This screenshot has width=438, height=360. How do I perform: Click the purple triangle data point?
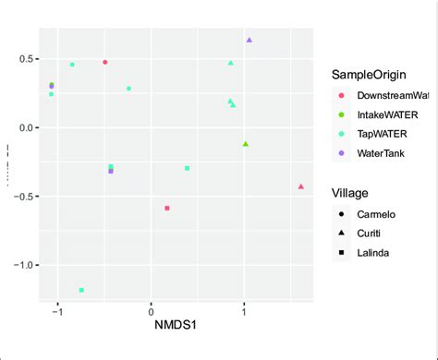[249, 41]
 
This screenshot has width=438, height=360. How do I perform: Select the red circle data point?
[105, 63]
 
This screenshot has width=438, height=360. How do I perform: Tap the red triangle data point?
[301, 186]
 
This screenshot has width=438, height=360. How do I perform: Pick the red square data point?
[167, 209]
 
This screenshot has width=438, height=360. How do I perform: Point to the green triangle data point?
[246, 144]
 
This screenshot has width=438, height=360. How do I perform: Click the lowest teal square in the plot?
[82, 290]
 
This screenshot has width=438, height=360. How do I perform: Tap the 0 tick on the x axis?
[152, 310]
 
